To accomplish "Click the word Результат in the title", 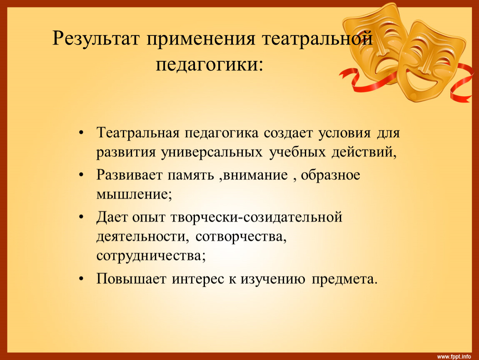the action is click(x=96, y=39).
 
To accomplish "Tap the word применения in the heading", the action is click(x=201, y=40).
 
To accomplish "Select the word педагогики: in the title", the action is click(x=209, y=65).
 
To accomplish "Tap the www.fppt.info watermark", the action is click(x=454, y=356).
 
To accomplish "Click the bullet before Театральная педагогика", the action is click(x=81, y=133).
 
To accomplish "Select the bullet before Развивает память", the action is click(x=81, y=175).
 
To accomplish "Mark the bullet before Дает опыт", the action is click(x=81, y=217).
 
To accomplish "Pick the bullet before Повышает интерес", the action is click(x=81, y=279).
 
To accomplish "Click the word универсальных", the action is click(x=212, y=152).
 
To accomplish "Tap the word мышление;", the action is click(x=134, y=194).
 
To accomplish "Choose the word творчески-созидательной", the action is click(x=256, y=217).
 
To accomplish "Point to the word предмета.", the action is click(x=344, y=279).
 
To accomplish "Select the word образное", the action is click(x=331, y=175).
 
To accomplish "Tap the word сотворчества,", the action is click(x=241, y=237).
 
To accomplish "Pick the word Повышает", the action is click(x=131, y=279).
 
